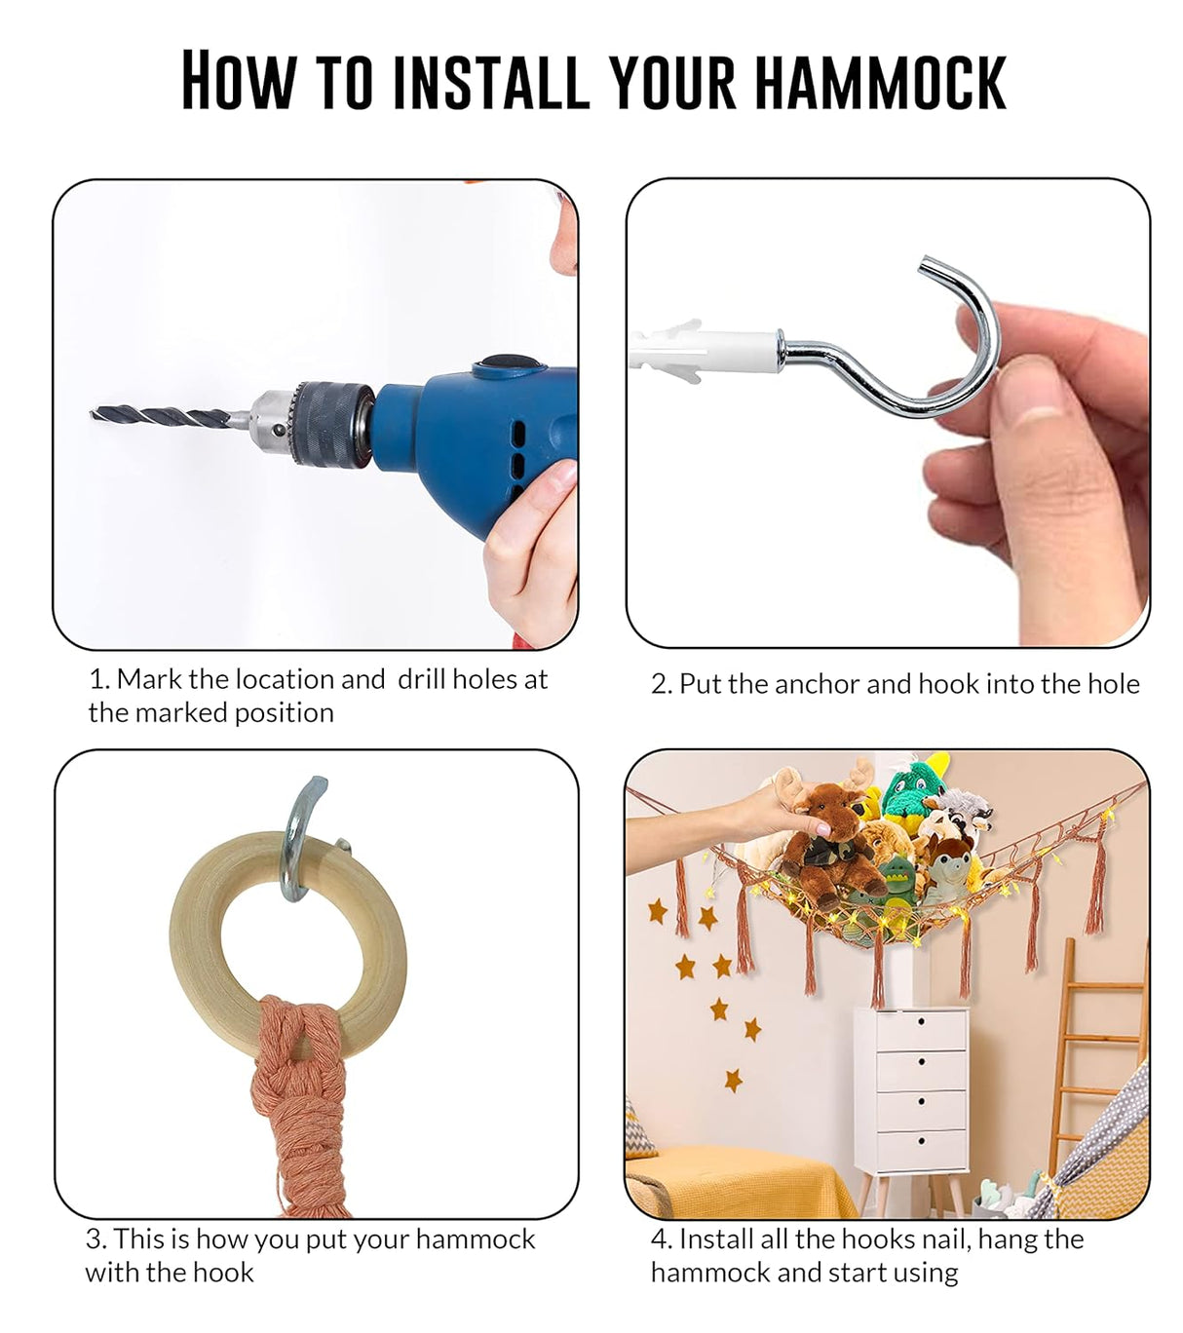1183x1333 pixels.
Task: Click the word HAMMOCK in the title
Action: tap(880, 82)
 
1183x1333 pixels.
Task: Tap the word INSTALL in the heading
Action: tap(490, 82)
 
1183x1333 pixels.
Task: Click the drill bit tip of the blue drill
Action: tap(93, 413)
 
